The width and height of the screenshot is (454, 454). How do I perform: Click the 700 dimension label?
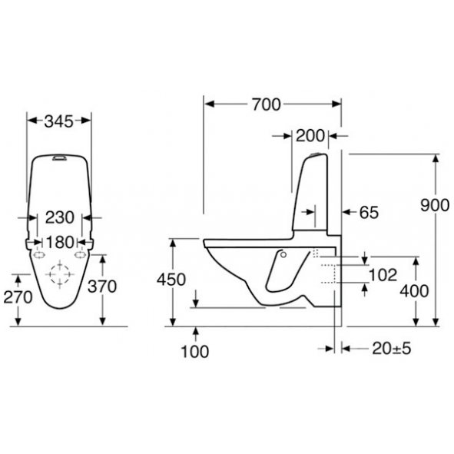point(266,104)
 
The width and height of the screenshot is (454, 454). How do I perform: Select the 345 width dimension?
point(59,121)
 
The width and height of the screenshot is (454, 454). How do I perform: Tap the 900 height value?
point(435,205)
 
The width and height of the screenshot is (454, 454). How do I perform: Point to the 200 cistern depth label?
point(310,135)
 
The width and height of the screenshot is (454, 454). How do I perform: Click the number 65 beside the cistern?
point(369,212)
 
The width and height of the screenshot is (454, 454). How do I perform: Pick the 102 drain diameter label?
point(383,275)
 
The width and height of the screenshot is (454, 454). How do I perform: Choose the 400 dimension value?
point(414,290)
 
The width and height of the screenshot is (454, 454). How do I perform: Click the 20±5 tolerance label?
point(392,349)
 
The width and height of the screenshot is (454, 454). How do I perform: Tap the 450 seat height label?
point(171,280)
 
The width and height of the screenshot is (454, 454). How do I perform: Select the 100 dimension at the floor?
point(194,352)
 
